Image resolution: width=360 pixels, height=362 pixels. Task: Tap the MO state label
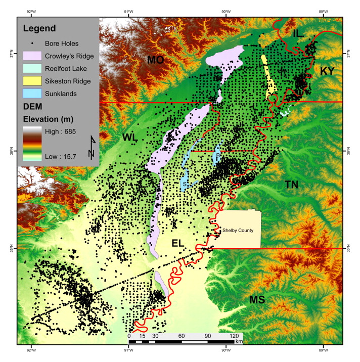155,60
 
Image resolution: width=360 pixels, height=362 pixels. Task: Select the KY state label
327,71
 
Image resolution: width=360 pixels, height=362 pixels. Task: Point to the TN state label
291,185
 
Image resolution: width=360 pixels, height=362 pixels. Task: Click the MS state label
257,300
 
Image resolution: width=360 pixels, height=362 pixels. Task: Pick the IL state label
299,33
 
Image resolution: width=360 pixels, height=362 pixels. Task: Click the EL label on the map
177,243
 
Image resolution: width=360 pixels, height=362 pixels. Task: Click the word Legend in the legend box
39,28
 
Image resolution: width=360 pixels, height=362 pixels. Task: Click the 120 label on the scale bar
235,336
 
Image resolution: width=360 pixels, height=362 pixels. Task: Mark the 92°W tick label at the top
31,12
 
